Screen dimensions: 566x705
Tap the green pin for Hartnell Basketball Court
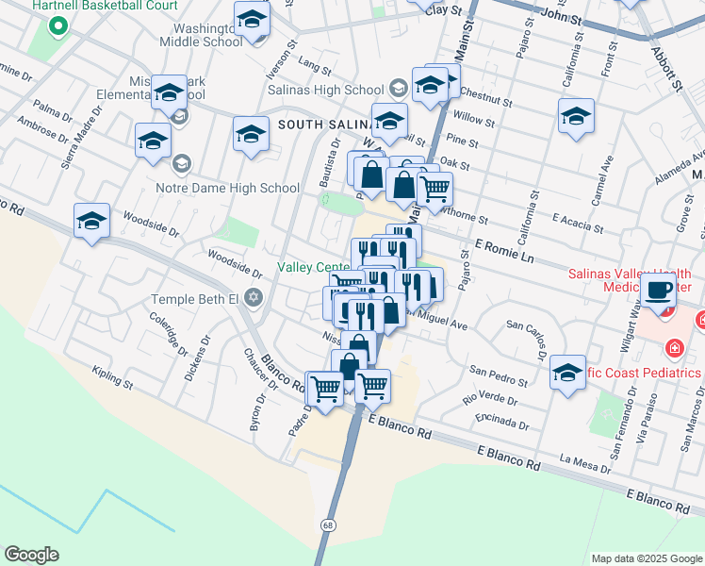pyautogui.click(x=57, y=25)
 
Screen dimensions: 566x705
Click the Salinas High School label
pyautogui.click(x=325, y=91)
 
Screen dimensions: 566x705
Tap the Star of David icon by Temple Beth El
pyautogui.click(x=253, y=299)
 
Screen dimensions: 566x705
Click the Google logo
pyautogui.click(x=31, y=555)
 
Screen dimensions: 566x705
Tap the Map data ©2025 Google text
pyautogui.click(x=646, y=558)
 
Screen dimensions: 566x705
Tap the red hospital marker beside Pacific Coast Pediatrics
pyautogui.click(x=674, y=350)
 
